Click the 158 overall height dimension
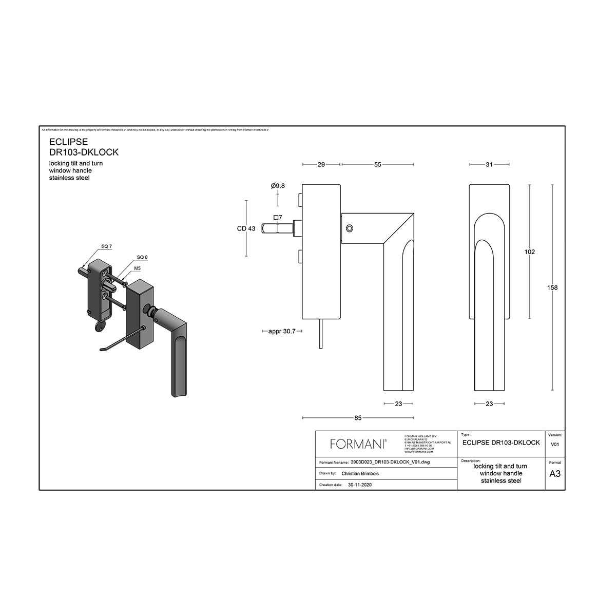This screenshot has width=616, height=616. tap(552, 287)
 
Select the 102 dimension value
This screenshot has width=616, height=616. tap(530, 252)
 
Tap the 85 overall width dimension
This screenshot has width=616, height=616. tap(358, 418)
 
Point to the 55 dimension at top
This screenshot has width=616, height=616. tap(377, 165)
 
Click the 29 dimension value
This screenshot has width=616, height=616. tap(321, 165)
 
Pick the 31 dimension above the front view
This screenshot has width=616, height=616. tap(489, 165)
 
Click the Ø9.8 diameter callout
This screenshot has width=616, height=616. tap(278, 186)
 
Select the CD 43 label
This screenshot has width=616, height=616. tap(246, 228)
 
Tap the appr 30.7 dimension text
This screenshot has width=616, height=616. tap(282, 331)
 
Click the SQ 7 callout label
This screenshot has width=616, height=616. tap(106, 247)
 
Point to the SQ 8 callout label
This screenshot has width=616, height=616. tap(142, 257)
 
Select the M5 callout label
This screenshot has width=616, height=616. tap(138, 268)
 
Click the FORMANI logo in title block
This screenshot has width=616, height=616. tap(358, 444)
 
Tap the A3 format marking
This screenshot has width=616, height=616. tap(555, 474)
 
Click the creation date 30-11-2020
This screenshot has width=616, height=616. tap(359, 485)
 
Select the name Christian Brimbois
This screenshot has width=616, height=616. tap(360, 474)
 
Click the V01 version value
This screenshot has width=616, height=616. tap(555, 445)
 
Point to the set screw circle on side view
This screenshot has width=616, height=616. tap(350, 227)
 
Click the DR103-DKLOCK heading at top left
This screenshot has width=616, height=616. tap(84, 152)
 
